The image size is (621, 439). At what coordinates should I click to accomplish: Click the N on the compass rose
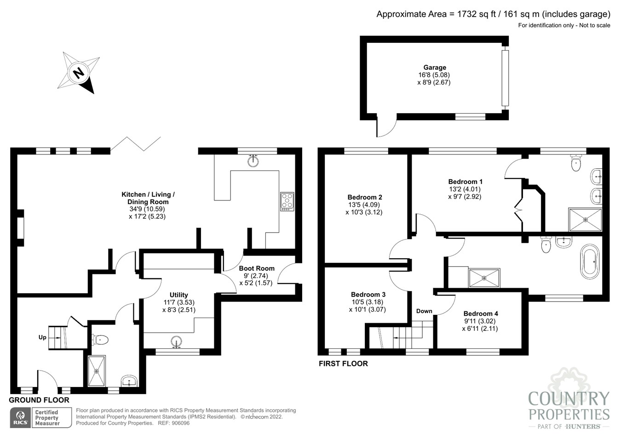click(79, 73)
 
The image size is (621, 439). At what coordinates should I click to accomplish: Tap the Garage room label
click(434, 67)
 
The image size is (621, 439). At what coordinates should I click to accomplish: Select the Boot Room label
click(256, 268)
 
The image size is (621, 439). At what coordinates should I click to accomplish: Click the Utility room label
click(178, 295)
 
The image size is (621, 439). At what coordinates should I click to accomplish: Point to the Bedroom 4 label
click(480, 314)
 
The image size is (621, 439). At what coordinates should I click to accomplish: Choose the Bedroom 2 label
click(365, 197)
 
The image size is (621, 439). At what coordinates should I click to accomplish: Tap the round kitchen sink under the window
click(253, 161)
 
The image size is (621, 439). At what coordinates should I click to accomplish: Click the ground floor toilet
click(100, 340)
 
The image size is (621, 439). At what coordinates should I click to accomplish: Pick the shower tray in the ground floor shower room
click(97, 371)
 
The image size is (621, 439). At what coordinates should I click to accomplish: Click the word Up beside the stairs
click(42, 337)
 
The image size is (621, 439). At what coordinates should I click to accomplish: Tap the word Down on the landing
click(424, 311)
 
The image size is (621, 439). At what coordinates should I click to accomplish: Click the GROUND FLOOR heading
click(39, 400)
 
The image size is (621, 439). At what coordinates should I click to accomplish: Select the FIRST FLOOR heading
click(343, 364)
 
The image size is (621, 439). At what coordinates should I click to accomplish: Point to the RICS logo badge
click(20, 418)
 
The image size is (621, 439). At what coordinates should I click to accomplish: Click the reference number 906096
click(180, 423)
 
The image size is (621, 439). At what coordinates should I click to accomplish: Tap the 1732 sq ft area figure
click(476, 14)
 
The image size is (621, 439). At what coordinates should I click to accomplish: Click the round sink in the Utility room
click(176, 342)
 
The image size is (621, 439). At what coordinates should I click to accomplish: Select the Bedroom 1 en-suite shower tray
click(585, 220)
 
